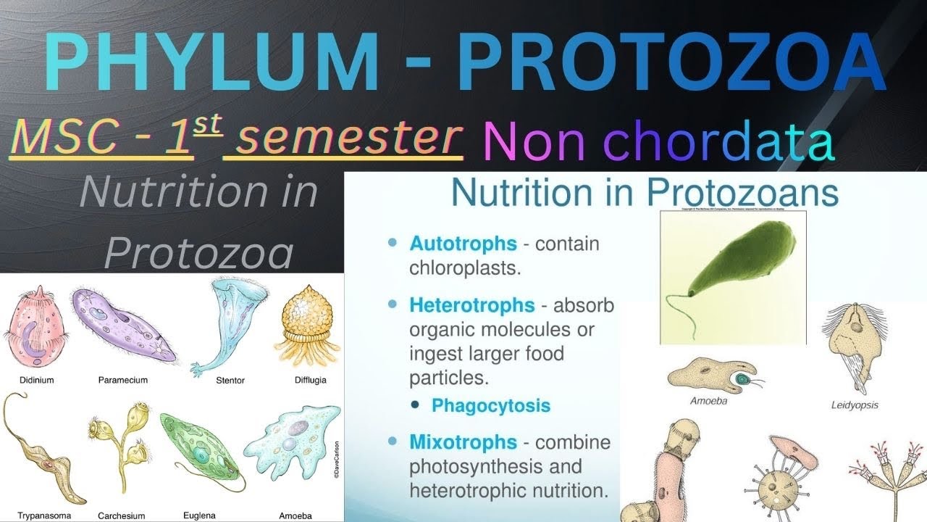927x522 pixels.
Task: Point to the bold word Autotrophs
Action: tap(463, 244)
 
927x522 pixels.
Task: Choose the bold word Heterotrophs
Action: tap(471, 305)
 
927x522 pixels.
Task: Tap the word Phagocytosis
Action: tap(490, 405)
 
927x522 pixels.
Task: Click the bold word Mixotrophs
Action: tap(463, 442)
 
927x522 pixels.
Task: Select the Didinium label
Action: tap(35, 380)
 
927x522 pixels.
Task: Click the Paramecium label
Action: tap(122, 380)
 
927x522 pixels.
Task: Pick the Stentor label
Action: tap(230, 380)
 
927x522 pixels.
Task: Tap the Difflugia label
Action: tap(311, 380)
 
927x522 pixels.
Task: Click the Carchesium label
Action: tap(121, 516)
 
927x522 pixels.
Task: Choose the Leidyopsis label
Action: tap(855, 405)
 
